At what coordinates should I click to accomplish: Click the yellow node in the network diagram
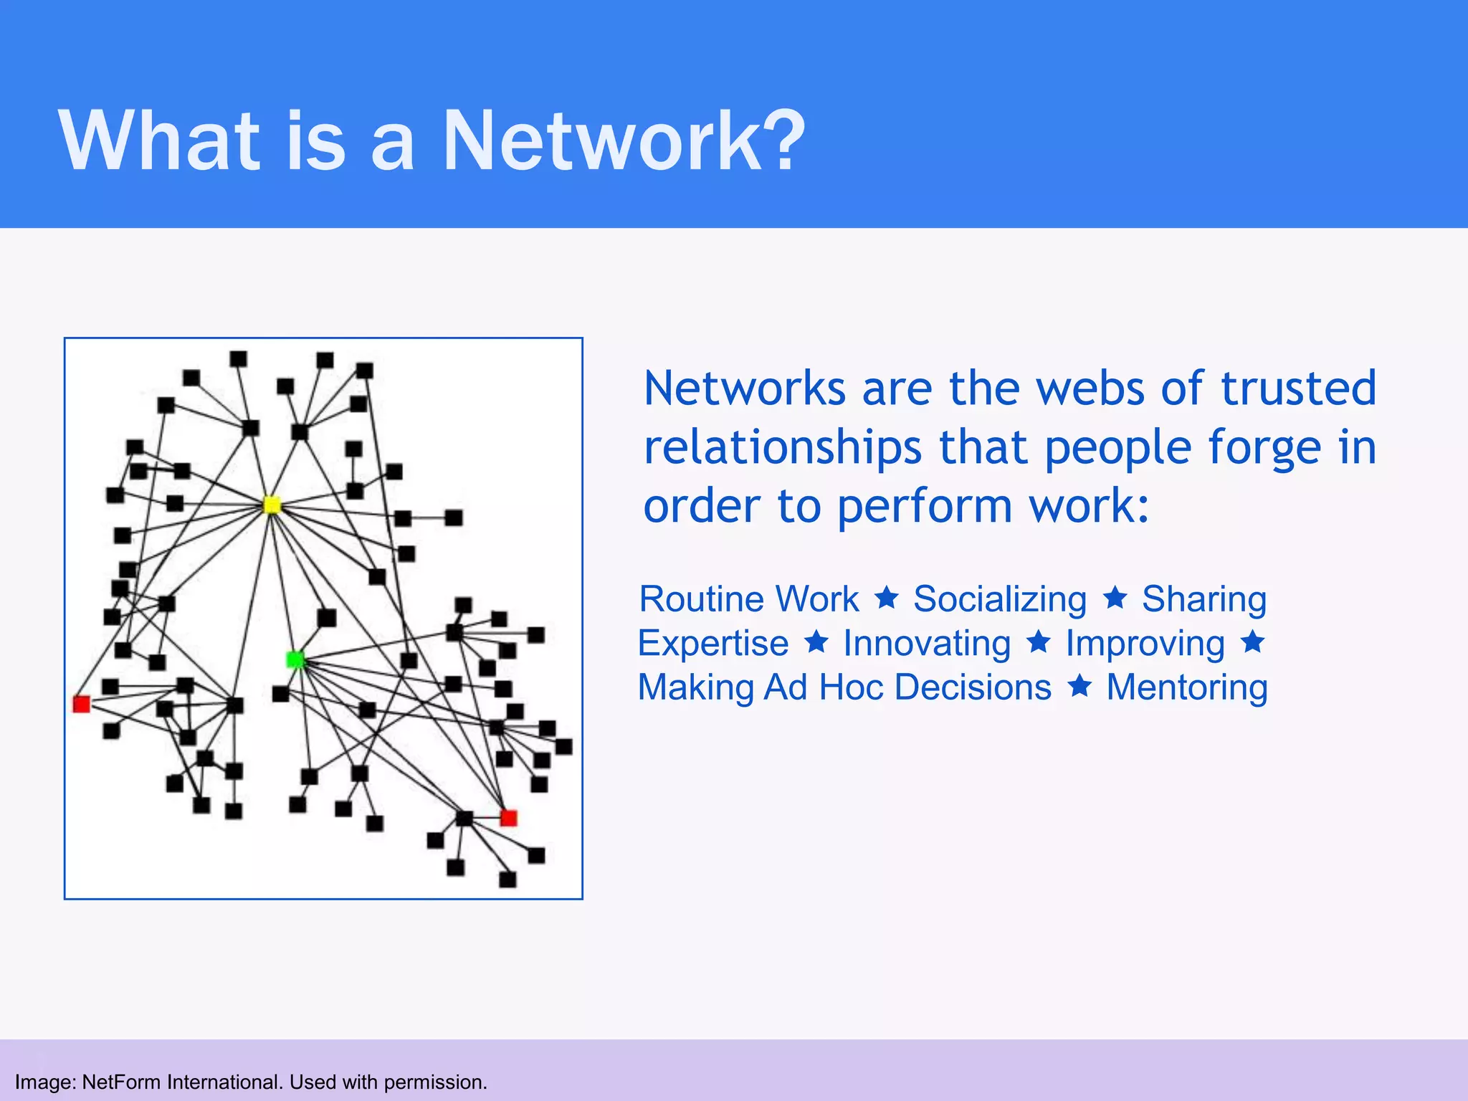tap(272, 505)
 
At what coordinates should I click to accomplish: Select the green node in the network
tap(295, 659)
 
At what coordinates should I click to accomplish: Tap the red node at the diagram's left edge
tap(82, 704)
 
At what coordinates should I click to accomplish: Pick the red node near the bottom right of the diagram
tap(508, 818)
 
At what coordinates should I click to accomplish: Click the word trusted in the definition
tap(1298, 388)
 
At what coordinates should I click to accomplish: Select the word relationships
tap(783, 447)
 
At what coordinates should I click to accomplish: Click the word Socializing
tap(1000, 599)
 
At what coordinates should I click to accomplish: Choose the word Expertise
tap(713, 643)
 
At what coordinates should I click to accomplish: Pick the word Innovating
tap(927, 643)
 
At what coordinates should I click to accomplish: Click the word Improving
tap(1145, 643)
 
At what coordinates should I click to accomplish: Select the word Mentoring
tap(1187, 687)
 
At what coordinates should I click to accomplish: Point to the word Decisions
tap(973, 687)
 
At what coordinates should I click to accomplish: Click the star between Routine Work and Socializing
tap(887, 597)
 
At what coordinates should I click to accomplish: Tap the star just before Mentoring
tap(1079, 686)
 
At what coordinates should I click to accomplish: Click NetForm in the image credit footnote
tap(122, 1082)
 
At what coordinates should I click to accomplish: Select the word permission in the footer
tap(434, 1082)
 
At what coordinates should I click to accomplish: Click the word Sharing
tap(1204, 599)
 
